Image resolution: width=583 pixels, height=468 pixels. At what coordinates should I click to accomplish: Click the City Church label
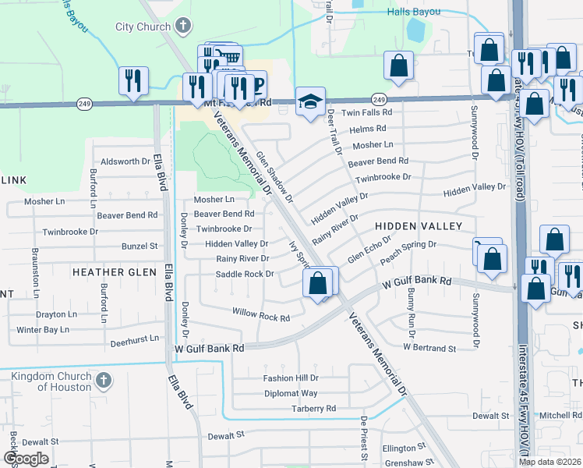[x=143, y=27]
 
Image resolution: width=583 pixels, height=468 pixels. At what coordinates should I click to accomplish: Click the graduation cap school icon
[x=309, y=101]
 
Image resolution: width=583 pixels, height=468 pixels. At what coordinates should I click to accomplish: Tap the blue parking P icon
[x=255, y=83]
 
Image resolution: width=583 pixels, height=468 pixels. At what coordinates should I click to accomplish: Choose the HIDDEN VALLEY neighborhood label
[x=419, y=225]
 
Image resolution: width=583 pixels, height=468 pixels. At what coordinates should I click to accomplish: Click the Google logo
[x=26, y=459]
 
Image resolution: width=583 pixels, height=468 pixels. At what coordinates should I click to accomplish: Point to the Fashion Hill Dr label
[x=291, y=378]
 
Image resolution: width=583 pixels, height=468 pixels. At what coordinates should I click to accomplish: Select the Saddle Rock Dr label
[x=245, y=274]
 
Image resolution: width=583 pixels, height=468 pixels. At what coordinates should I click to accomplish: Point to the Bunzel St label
[x=140, y=246]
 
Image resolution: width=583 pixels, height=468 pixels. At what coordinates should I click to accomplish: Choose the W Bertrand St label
[x=429, y=347]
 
